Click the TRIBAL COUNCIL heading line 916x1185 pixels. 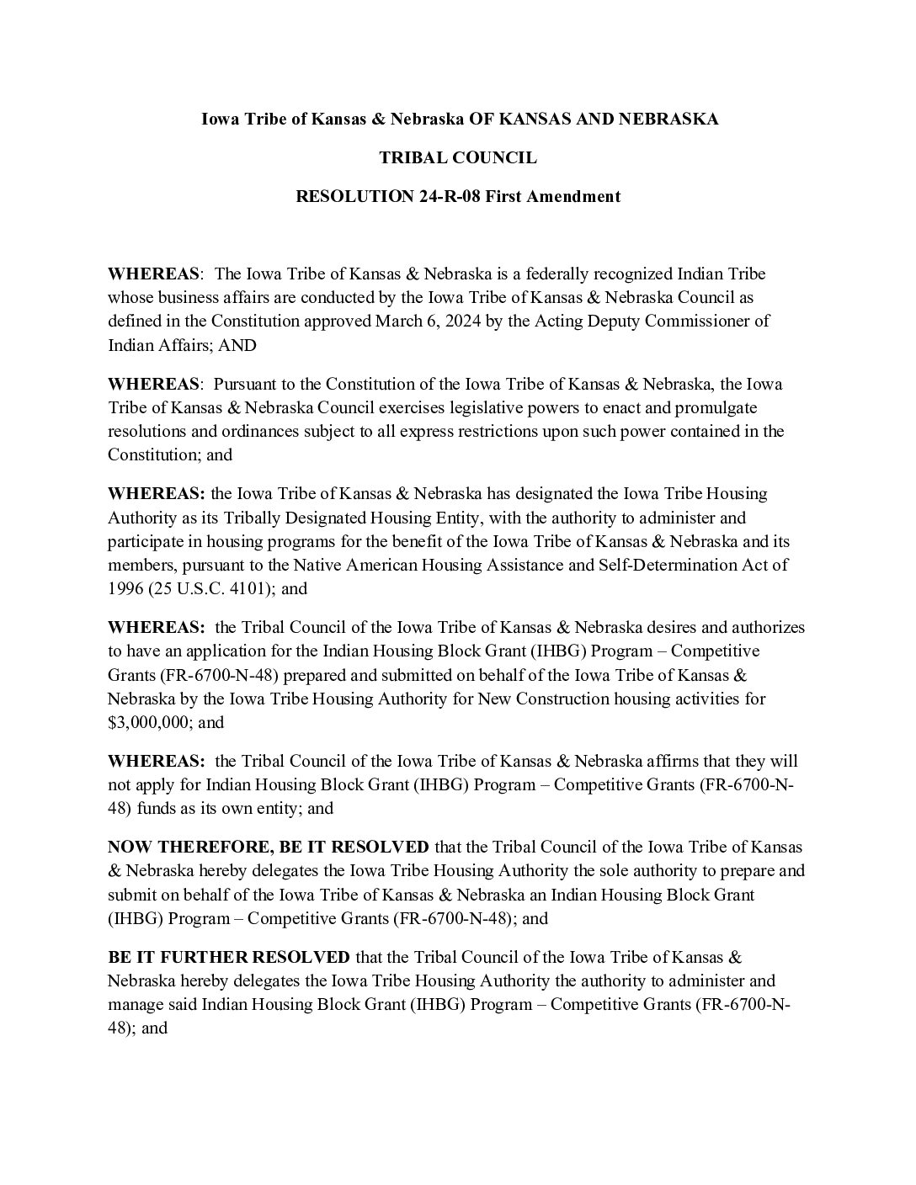(458, 158)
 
